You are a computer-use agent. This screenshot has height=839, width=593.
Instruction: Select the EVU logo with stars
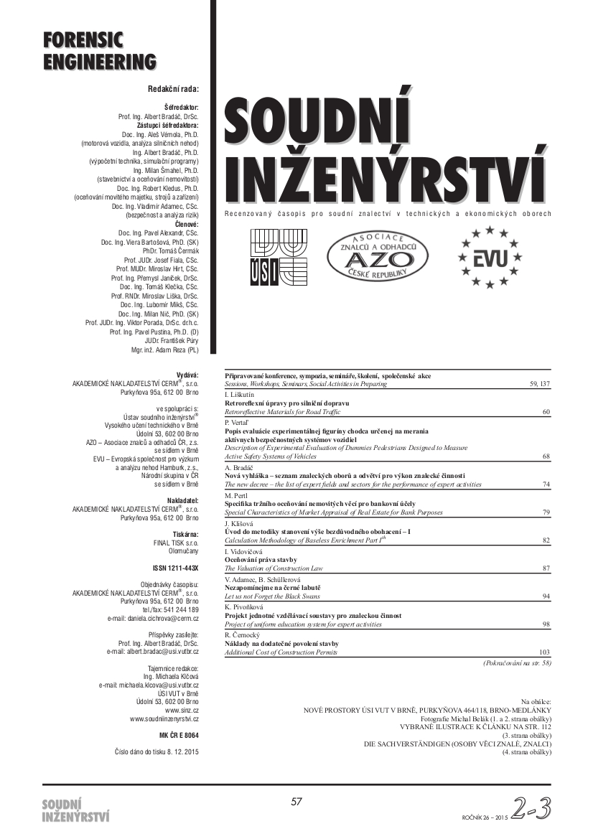pyautogui.click(x=490, y=257)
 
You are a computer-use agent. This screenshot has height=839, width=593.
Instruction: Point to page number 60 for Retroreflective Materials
pyautogui.click(x=546, y=412)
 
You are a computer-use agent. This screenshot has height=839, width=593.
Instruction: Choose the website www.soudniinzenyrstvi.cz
pyautogui.click(x=164, y=718)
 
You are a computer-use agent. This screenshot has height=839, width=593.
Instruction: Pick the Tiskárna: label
pyautogui.click(x=186, y=535)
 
